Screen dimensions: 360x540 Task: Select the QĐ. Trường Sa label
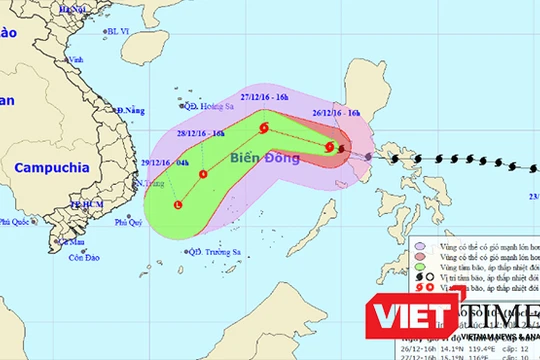(211, 251)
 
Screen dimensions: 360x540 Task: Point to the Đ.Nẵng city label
(131, 109)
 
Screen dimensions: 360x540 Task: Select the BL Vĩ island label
(119, 32)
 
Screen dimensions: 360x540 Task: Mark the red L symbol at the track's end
(178, 205)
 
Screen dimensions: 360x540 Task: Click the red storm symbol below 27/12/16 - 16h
(264, 127)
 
